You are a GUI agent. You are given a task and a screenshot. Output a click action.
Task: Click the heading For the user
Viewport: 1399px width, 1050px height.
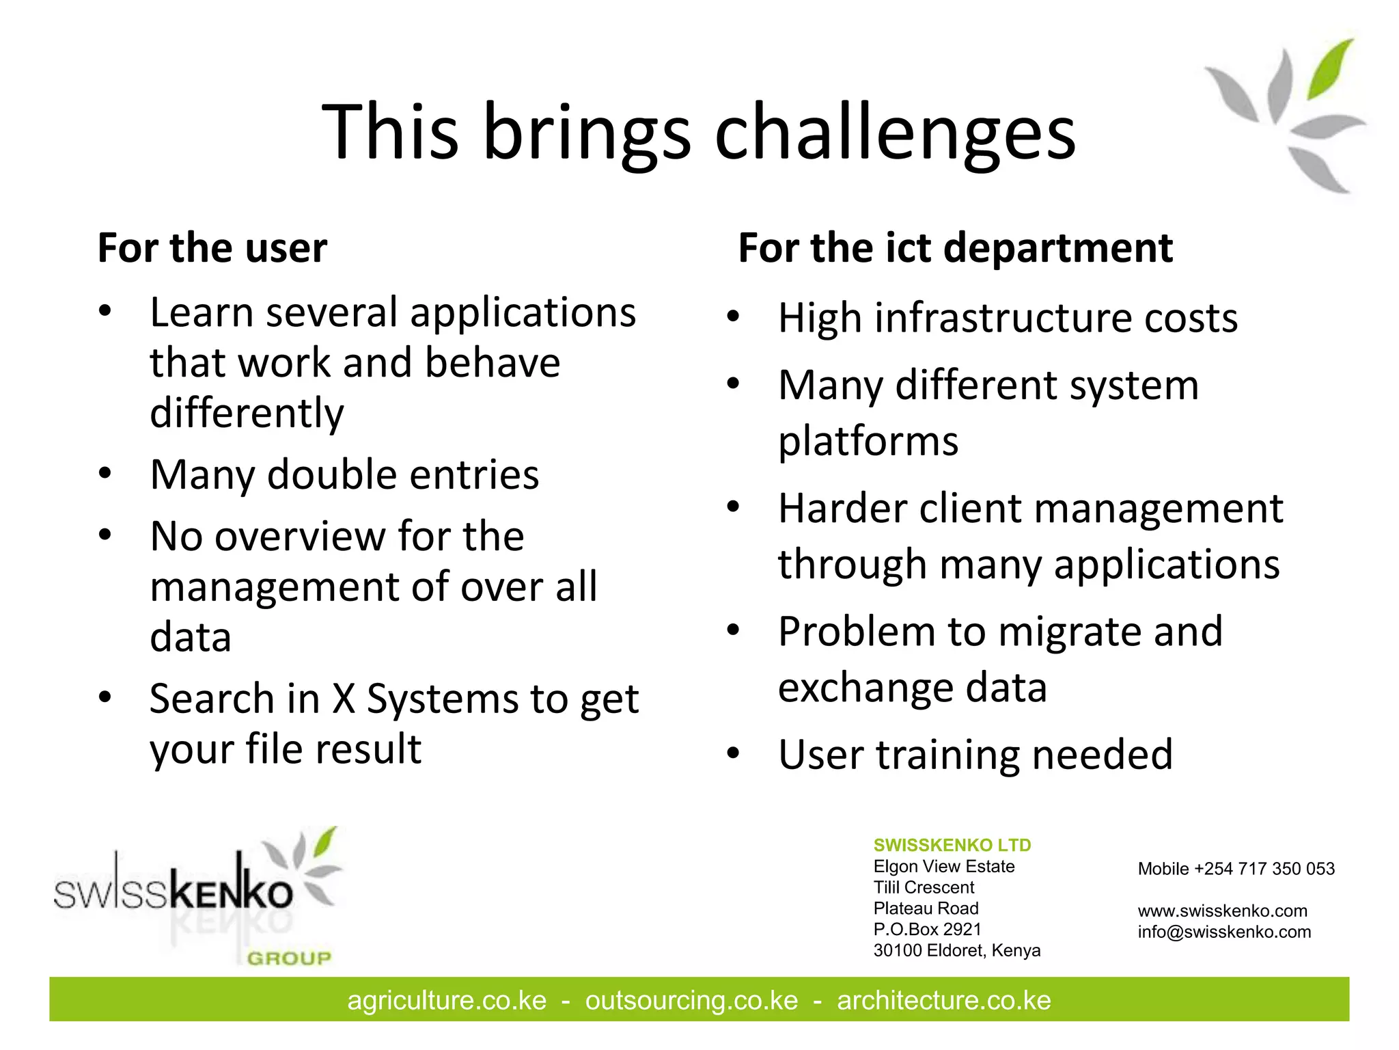point(212,247)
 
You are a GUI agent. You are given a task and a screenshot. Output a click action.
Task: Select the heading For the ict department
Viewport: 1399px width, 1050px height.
point(955,247)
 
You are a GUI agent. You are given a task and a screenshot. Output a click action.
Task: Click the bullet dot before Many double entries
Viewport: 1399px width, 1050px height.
point(105,473)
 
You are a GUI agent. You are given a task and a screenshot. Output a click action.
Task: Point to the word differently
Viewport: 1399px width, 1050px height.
point(247,413)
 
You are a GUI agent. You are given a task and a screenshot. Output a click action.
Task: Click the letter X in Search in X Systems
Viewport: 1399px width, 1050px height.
point(344,699)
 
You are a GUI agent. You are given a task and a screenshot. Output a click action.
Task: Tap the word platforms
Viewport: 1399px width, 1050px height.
point(868,441)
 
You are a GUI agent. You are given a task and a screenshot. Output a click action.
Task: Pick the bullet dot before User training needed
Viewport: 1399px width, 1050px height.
point(733,753)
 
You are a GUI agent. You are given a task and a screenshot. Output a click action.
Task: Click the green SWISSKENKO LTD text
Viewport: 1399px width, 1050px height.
point(952,845)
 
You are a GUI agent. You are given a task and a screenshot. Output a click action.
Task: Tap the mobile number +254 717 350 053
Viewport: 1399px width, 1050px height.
point(1264,869)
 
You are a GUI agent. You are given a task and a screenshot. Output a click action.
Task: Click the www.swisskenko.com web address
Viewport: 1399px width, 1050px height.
point(1222,911)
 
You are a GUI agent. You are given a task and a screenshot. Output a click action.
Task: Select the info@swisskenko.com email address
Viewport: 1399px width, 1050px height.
point(1224,932)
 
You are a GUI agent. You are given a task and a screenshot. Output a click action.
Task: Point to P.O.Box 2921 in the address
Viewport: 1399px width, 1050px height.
point(927,929)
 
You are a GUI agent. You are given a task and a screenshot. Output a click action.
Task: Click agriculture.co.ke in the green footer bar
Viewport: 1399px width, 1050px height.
point(447,1000)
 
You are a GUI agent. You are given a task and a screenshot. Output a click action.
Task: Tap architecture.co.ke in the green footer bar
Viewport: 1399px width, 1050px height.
point(943,1000)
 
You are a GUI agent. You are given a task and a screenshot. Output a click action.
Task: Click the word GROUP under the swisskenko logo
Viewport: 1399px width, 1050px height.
point(289,958)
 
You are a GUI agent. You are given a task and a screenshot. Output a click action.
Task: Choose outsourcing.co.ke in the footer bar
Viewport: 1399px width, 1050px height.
point(691,1000)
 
